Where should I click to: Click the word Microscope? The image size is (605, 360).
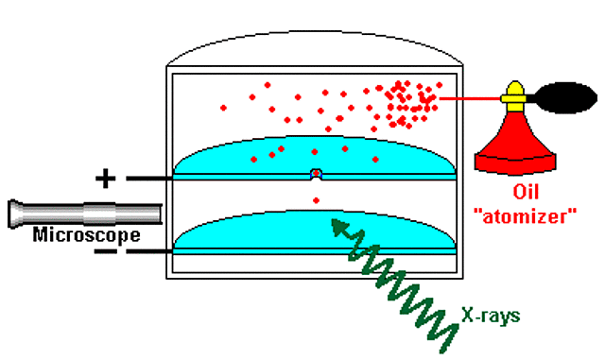(86, 234)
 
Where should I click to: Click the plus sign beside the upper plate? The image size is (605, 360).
(105, 178)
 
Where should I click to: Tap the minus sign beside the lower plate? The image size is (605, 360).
(106, 252)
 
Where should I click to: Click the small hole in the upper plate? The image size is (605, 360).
(317, 175)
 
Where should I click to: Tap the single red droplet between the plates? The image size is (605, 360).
(316, 199)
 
